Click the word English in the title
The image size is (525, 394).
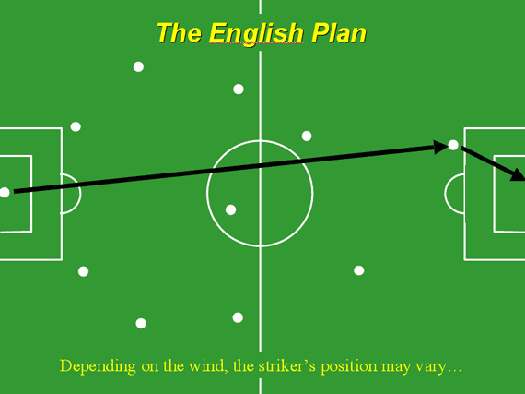[x=256, y=34]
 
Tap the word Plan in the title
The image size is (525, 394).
[x=339, y=33]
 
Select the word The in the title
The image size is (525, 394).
[x=179, y=33]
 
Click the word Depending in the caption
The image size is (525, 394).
[x=98, y=366]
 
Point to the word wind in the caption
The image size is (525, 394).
[x=208, y=365]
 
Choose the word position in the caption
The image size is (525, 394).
[x=349, y=366]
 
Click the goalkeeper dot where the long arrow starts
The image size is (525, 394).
[x=5, y=193]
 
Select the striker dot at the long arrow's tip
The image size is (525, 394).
[x=453, y=145]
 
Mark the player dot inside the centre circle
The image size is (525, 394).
[x=230, y=209]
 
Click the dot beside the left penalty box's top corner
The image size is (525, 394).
[x=76, y=126]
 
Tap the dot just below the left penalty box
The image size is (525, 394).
[x=84, y=271]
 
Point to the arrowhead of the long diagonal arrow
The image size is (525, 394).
[x=440, y=147]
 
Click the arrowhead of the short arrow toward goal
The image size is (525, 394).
[x=518, y=174]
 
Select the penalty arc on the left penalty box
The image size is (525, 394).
[x=81, y=194]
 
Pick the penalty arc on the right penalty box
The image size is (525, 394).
[x=445, y=194]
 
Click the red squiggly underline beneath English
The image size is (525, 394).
[x=256, y=43]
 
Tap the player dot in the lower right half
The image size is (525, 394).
[x=359, y=270]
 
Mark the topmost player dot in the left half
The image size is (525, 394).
[x=138, y=66]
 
